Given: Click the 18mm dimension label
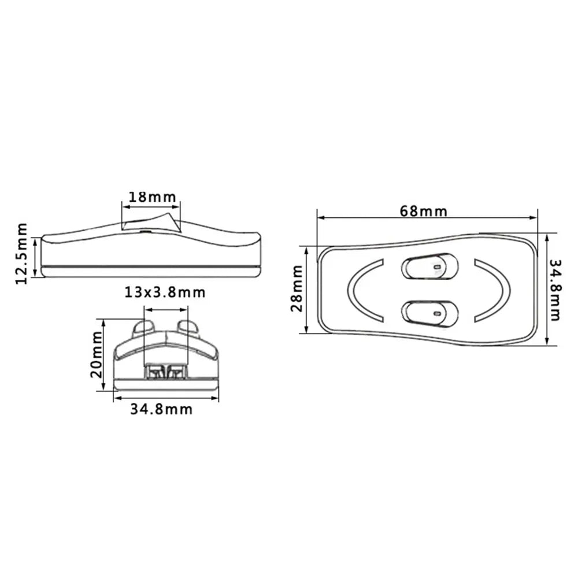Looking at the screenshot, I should click(x=151, y=197).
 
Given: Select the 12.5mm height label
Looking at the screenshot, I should click(x=23, y=254).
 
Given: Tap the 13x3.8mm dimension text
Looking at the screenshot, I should click(x=165, y=292).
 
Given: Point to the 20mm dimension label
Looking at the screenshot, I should click(x=97, y=354).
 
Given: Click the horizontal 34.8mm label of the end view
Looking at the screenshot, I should click(x=161, y=410).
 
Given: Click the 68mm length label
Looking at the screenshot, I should click(x=423, y=211).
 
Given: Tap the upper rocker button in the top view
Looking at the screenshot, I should click(x=430, y=266).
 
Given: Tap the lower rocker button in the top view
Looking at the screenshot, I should click(x=430, y=312).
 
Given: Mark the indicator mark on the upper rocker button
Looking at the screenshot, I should click(x=438, y=268).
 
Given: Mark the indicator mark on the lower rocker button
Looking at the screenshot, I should click(x=438, y=313).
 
